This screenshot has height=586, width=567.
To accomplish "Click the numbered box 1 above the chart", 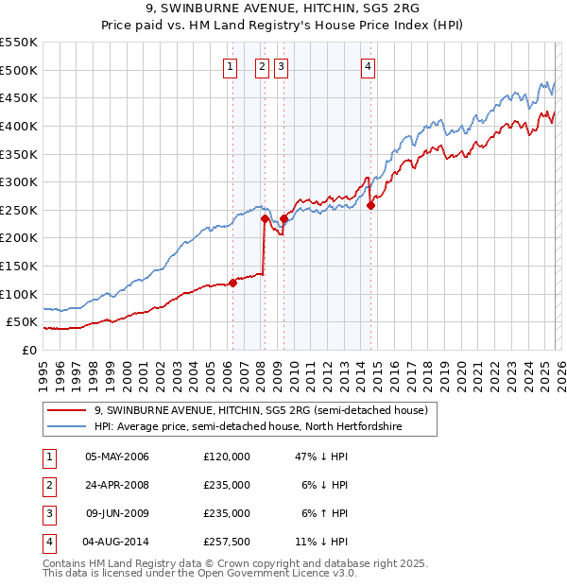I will click(231, 66).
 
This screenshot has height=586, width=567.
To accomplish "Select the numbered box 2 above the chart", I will click(261, 66).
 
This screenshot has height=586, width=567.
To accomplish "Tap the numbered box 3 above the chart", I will click(282, 66).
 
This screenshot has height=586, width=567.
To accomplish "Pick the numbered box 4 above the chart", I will click(368, 66).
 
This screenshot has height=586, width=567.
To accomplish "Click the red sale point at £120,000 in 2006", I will click(232, 283).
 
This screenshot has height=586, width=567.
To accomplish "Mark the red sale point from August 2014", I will click(370, 205).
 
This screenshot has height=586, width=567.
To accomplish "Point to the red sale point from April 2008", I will click(265, 218).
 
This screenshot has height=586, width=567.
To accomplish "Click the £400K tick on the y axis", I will click(19, 126).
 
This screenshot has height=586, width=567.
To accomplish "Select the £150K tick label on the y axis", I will click(19, 266).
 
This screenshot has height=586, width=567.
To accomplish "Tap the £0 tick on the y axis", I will click(28, 350).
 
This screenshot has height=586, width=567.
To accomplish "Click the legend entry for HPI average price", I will click(248, 427).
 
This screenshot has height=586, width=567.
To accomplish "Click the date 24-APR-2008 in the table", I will click(117, 485).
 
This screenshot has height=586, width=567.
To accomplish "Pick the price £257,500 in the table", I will click(227, 542).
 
